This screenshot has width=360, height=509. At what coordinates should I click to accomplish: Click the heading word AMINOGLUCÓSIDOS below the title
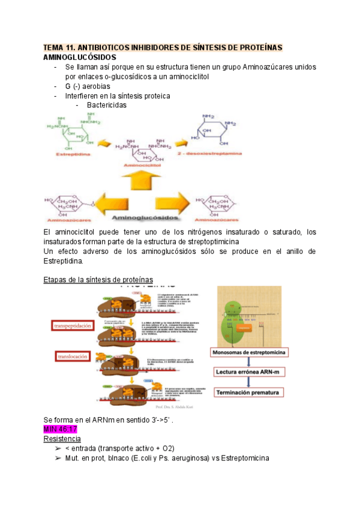[x=80, y=57]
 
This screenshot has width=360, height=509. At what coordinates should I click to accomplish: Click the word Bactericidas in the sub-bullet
[x=106, y=105]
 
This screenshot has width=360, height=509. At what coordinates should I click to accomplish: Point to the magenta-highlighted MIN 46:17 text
[x=61, y=430]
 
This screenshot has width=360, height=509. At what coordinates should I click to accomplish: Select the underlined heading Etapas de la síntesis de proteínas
[x=98, y=280]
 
